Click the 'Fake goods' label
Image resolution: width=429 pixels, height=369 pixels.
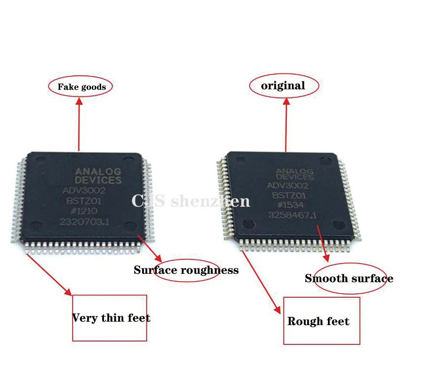pos(81,87)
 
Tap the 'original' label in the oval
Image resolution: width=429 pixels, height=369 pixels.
pos(283,86)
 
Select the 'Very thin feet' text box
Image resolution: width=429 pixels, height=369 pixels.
pos(110,318)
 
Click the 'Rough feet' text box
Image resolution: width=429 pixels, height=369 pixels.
pos(319,322)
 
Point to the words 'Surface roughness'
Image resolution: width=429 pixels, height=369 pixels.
pos(186,270)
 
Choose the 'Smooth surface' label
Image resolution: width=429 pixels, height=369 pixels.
pos(349,278)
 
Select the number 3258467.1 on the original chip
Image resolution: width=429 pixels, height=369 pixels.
pos(292,216)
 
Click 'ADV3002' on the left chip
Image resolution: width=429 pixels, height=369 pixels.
pos(84,190)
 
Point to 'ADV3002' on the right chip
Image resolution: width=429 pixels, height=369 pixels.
pos(287,186)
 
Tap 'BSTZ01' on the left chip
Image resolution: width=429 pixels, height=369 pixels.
pos(85,201)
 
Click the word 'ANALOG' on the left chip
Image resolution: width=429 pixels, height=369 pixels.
pos(98,172)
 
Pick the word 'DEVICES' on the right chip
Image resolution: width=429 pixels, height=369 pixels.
pos(294,177)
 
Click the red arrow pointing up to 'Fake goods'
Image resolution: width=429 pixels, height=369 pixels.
pos(79,123)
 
